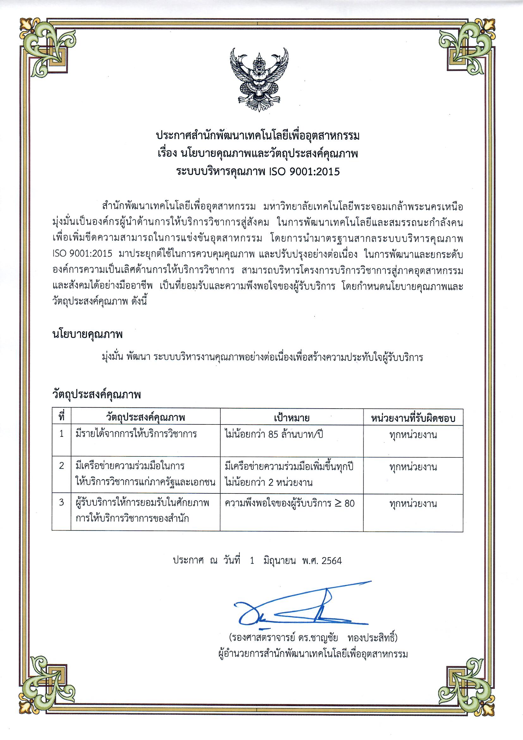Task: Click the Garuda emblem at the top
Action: (259, 79)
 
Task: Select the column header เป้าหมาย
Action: (292, 418)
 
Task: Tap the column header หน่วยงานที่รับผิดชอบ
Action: (413, 418)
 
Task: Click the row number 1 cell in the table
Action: (62, 434)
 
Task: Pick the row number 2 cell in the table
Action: (62, 466)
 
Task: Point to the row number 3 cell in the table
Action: (62, 503)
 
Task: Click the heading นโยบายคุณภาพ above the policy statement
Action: (88, 335)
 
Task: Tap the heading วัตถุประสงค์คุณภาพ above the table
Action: (97, 394)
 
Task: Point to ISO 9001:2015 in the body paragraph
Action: (83, 254)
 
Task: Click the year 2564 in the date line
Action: (331, 561)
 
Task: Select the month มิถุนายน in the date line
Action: (279, 561)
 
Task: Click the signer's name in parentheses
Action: (313, 638)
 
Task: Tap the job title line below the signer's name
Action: (313, 654)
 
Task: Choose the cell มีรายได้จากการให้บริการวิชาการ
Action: (136, 434)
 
